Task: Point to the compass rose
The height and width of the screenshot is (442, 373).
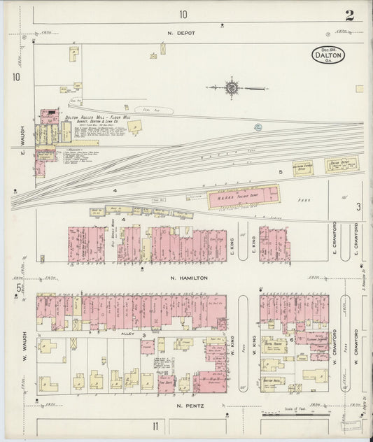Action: [x=231, y=87]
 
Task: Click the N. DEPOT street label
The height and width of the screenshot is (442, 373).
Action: [x=180, y=33]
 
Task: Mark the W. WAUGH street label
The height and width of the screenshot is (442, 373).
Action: [x=23, y=329]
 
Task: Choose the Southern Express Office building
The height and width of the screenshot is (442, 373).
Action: [x=302, y=168]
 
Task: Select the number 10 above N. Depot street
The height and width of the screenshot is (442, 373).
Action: [x=183, y=14]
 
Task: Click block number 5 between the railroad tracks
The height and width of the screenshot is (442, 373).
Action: [x=280, y=171]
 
